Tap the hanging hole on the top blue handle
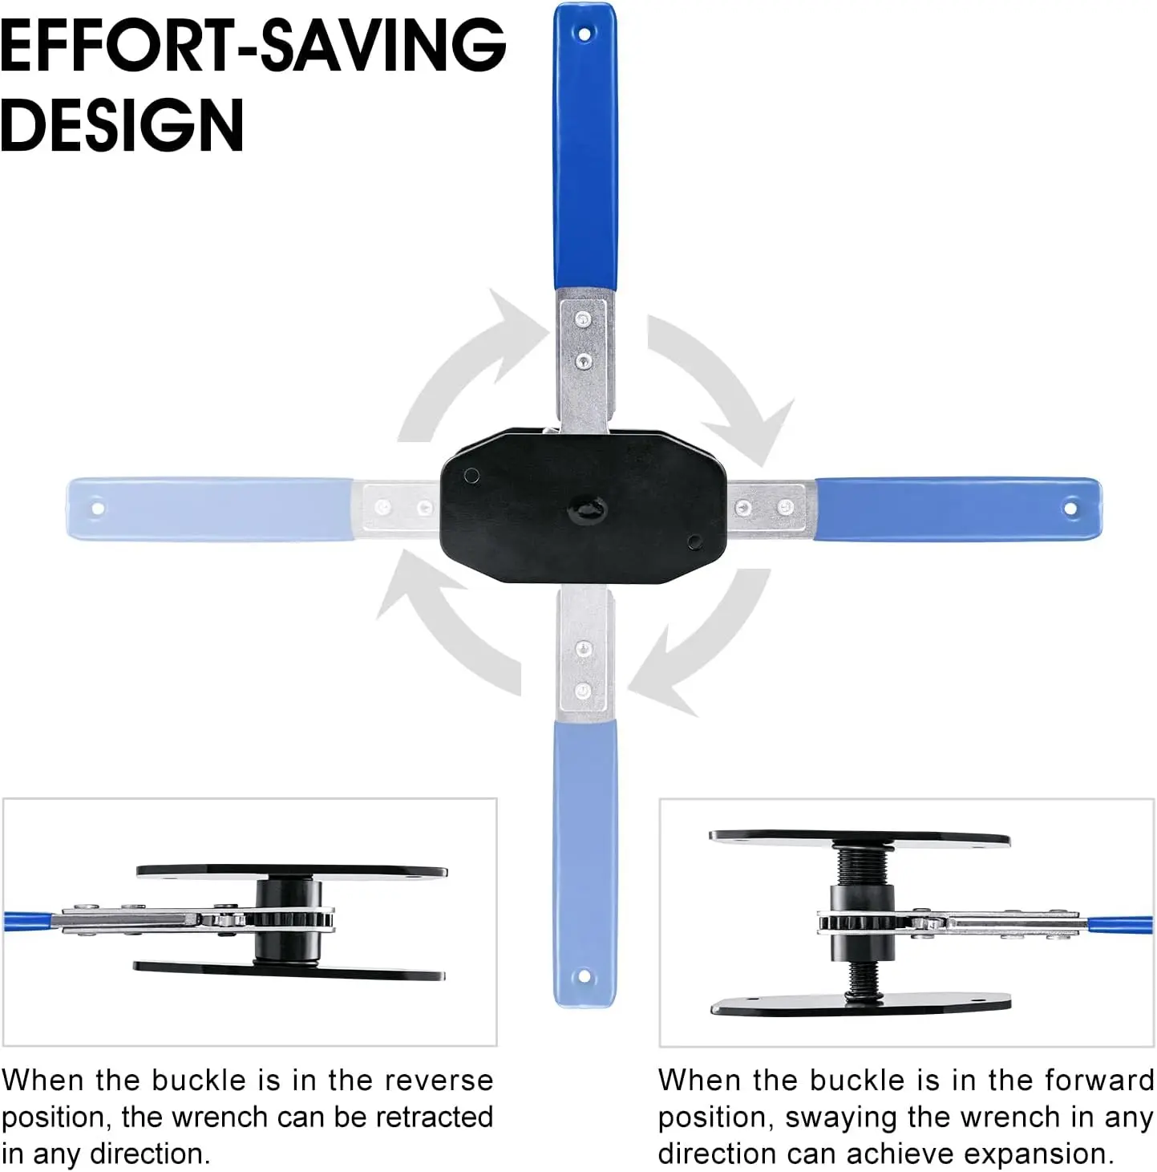pyautogui.click(x=585, y=34)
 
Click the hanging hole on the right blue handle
pyautogui.click(x=1070, y=508)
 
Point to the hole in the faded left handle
pyautogui.click(x=97, y=508)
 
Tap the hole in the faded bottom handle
pyautogui.click(x=585, y=977)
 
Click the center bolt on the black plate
pyautogui.click(x=587, y=509)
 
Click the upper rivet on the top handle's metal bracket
pyautogui.click(x=583, y=318)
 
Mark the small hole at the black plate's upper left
pyautogui.click(x=471, y=475)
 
